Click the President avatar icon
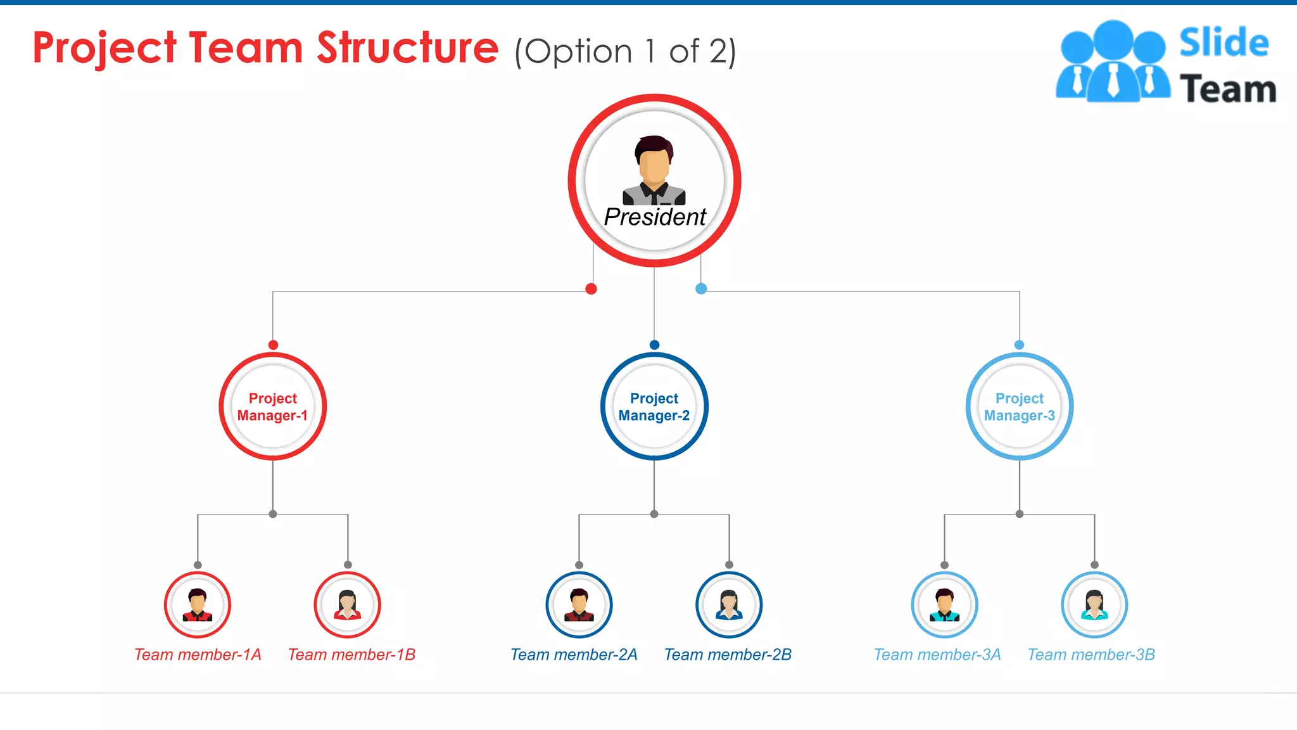[x=654, y=170]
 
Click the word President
[x=654, y=217]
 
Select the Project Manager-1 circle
[x=273, y=406]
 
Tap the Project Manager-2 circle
[x=654, y=406]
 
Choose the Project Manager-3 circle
[x=1019, y=406]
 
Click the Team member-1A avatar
[x=198, y=605]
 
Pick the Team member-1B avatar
[x=347, y=605]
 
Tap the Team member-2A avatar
[x=579, y=605]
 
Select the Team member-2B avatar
[x=729, y=605]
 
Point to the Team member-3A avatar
[x=944, y=605]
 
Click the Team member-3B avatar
[x=1094, y=605]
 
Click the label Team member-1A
[x=198, y=655]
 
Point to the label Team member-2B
[x=728, y=655]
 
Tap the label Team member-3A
[x=937, y=655]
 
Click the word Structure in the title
[x=407, y=48]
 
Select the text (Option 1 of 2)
[x=625, y=51]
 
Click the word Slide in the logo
[x=1224, y=43]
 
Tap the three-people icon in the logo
[x=1113, y=62]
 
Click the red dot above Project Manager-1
[x=273, y=345]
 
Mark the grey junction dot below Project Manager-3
[x=1019, y=514]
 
